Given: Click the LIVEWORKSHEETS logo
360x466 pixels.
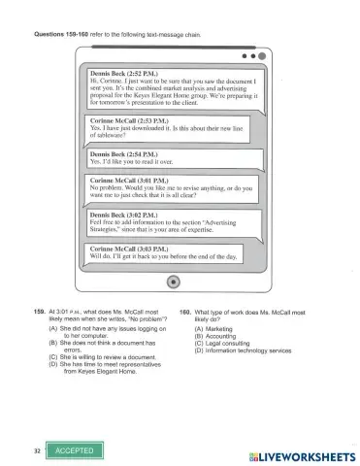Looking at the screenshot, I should coord(297,453).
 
